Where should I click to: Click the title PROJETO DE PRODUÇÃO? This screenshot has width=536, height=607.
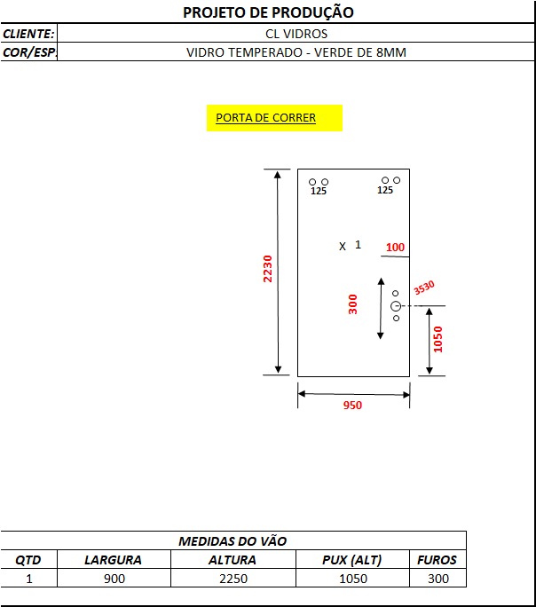point(268,12)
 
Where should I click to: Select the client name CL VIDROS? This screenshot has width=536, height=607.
point(296,34)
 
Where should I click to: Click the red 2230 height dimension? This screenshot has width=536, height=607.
point(267,269)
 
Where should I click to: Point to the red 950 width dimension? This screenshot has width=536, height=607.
point(352,406)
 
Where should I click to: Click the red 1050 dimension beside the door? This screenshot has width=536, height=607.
point(437,339)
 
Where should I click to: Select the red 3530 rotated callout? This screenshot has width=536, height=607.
point(424,288)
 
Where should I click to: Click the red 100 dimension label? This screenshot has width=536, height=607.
point(395,247)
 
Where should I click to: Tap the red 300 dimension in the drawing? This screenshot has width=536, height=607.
point(352,304)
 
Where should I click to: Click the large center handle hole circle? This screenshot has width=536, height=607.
point(396,306)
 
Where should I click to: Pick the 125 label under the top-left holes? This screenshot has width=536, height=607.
point(319,191)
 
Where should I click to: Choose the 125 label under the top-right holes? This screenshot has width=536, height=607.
point(385,190)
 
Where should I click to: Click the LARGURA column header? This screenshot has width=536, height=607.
point(113,560)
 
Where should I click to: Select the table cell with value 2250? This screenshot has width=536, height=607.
point(233,579)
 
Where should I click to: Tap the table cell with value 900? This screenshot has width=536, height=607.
point(114,579)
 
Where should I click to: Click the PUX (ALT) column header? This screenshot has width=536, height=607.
point(352,560)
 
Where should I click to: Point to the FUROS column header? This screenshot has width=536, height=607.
point(437,560)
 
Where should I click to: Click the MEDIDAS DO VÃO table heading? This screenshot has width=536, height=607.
point(233,541)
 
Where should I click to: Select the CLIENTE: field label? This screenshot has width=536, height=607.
point(28,34)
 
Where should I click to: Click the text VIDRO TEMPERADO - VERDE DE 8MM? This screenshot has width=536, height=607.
point(296,52)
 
